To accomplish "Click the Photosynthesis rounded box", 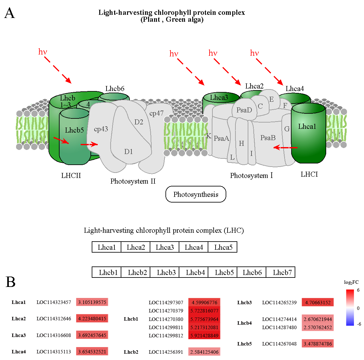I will click(x=196, y=194).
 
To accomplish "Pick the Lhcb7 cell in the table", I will click(x=282, y=272).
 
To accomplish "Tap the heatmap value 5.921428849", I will click(x=204, y=336).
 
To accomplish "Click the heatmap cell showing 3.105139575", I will click(x=92, y=302).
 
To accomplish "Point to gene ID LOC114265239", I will click(x=279, y=303).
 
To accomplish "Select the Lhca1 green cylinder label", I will click(x=307, y=127).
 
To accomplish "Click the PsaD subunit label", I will click(x=244, y=110).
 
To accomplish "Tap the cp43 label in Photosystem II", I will click(x=101, y=129).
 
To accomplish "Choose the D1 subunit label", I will click(x=129, y=151).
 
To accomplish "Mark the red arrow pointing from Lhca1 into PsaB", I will click(x=285, y=147).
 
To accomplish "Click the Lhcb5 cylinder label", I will click(x=74, y=130).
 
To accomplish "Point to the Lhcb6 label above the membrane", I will click(x=115, y=89).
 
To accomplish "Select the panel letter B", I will click(x=11, y=282).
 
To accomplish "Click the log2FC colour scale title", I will click(x=351, y=282).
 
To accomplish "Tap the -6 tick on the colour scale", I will click(x=359, y=324).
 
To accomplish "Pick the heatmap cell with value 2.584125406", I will click(x=204, y=352).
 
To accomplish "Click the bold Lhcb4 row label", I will click(x=245, y=323).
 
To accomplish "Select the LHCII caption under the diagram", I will click(x=71, y=175).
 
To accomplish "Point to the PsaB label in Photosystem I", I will click(x=268, y=138).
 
